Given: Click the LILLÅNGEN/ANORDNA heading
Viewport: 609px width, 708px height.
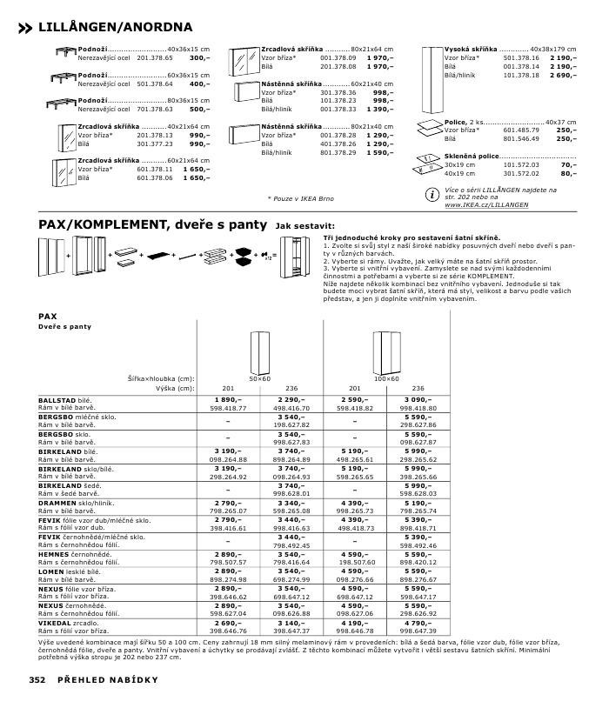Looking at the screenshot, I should (116, 28).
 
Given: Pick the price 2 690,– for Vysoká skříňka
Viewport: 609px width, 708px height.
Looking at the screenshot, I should (561, 76).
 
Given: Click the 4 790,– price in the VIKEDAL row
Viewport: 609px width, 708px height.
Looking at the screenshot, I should (418, 623).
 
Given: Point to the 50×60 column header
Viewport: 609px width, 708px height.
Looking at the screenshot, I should (260, 379).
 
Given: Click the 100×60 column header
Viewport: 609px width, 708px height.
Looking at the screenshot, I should (387, 379).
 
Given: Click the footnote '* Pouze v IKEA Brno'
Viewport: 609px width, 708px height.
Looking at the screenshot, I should (300, 198).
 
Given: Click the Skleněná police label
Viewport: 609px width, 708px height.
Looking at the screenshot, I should (472, 155).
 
